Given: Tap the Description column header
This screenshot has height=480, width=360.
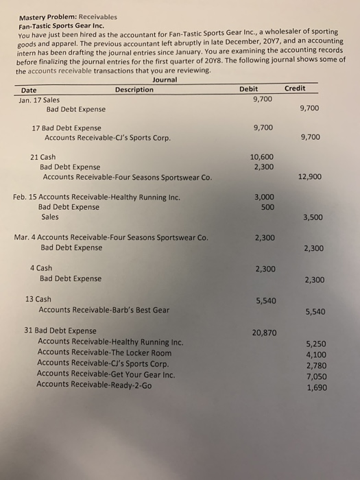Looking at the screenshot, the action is click(x=134, y=90).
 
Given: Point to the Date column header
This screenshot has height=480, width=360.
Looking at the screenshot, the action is click(x=29, y=91).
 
